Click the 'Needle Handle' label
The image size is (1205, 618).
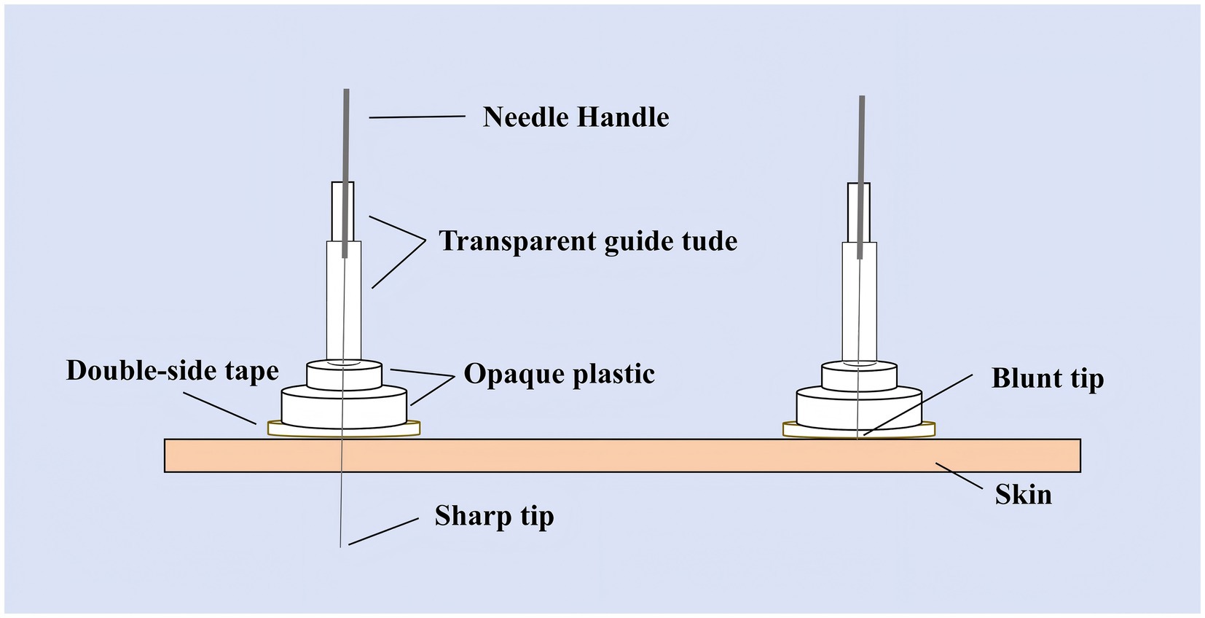pos(576,117)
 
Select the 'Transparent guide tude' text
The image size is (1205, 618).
pos(588,241)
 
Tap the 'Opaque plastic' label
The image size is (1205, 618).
pos(559,374)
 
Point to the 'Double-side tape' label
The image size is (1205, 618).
pos(172,371)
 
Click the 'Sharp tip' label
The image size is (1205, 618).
pos(494,516)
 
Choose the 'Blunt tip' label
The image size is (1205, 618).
pos(1047,378)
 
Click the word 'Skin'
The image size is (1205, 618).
pos(1023,496)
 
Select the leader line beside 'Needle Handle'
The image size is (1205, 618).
pos(417,117)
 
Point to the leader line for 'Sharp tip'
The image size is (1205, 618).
pos(383,531)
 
